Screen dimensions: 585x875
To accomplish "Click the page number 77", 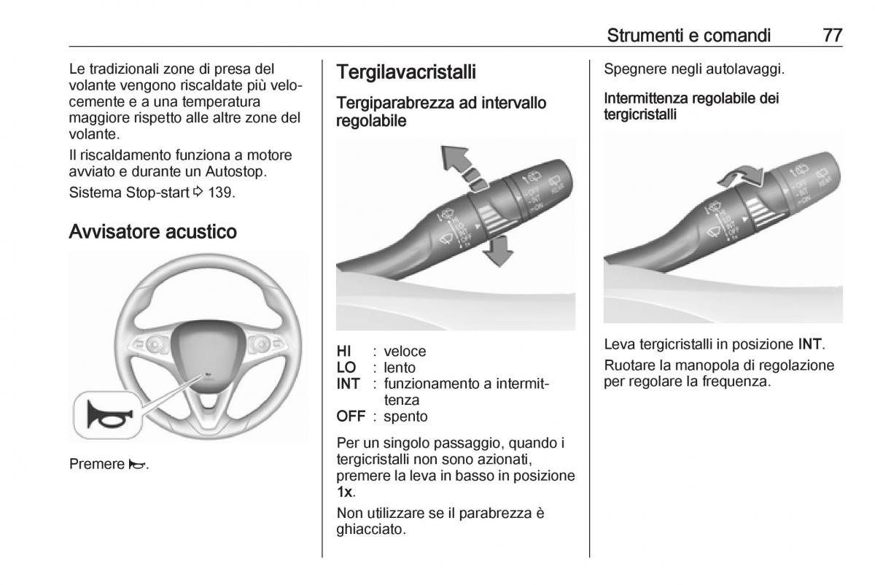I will (x=832, y=35).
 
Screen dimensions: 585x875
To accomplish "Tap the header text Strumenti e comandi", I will (x=688, y=35).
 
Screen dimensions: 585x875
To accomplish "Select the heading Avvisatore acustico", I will (x=152, y=232).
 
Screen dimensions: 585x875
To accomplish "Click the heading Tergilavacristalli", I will (x=406, y=72).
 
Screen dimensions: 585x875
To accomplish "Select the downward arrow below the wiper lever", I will (x=499, y=253).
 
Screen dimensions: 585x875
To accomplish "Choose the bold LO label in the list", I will (x=346, y=368).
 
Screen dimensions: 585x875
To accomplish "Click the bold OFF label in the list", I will (x=350, y=417).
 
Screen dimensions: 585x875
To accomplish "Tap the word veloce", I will (x=405, y=352).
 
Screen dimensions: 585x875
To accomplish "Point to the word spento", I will (x=405, y=417).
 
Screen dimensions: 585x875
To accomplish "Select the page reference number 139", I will (x=223, y=193).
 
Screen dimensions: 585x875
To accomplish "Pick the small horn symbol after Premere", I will (x=136, y=464).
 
